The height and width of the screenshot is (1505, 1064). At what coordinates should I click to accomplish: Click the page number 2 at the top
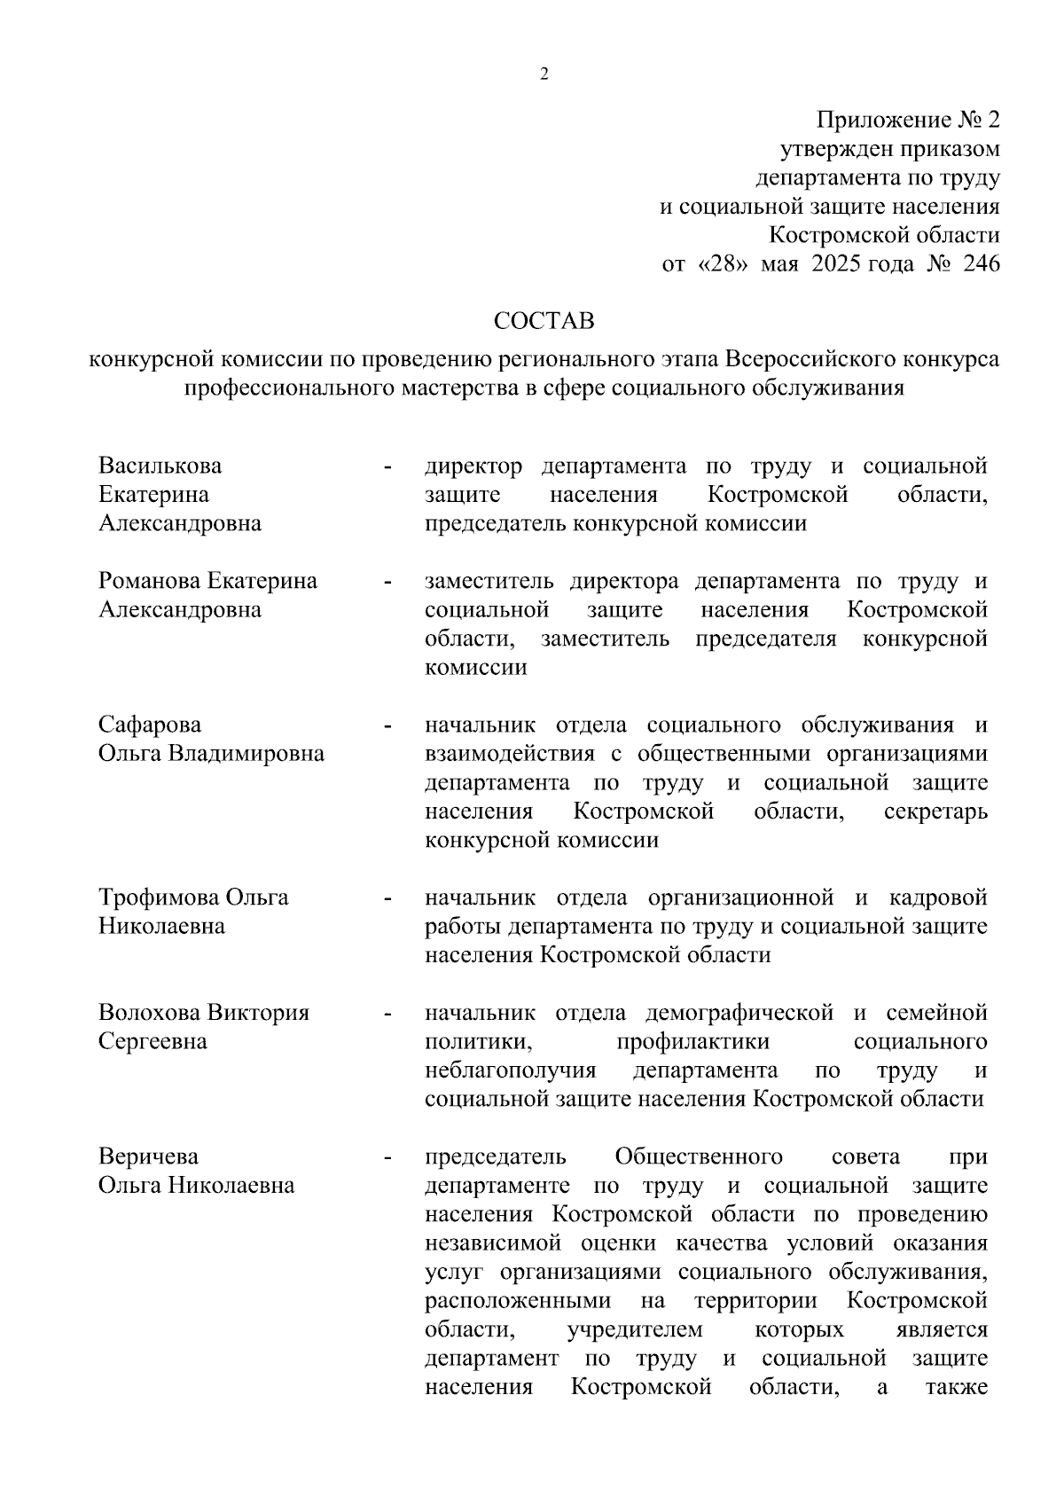click(x=544, y=74)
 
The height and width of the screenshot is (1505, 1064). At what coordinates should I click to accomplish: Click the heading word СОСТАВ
click(x=544, y=320)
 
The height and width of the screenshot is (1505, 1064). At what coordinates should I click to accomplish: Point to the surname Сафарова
click(x=150, y=725)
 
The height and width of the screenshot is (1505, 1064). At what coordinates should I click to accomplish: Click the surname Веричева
click(x=148, y=1157)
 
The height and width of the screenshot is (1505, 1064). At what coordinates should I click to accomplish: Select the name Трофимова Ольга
click(x=193, y=898)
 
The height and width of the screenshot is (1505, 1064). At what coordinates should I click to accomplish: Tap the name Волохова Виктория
click(x=204, y=1013)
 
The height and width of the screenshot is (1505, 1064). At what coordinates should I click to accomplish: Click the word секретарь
click(x=935, y=812)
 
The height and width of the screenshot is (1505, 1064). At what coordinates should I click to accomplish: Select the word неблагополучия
click(x=511, y=1070)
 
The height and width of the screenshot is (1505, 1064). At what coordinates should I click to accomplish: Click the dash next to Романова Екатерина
click(x=387, y=583)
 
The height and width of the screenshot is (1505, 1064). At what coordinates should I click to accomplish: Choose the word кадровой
click(x=938, y=898)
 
